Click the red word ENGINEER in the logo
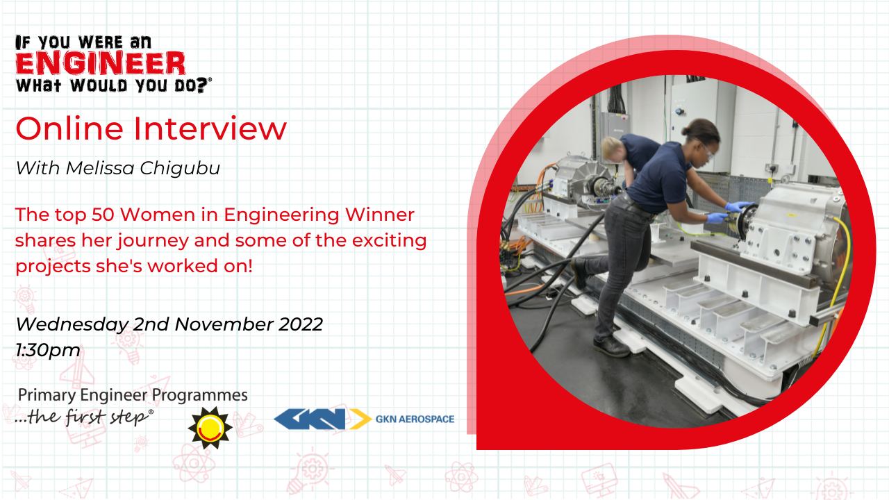click(x=101, y=63)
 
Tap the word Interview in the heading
click(x=210, y=128)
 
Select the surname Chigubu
click(x=180, y=168)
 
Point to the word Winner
click(x=380, y=215)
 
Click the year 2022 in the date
click(x=301, y=324)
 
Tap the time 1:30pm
click(x=48, y=351)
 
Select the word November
click(x=224, y=324)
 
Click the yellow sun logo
click(x=210, y=428)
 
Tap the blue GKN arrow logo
click(x=322, y=419)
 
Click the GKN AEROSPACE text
click(x=415, y=419)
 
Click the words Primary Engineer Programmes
click(x=133, y=395)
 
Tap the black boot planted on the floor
click(x=611, y=346)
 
